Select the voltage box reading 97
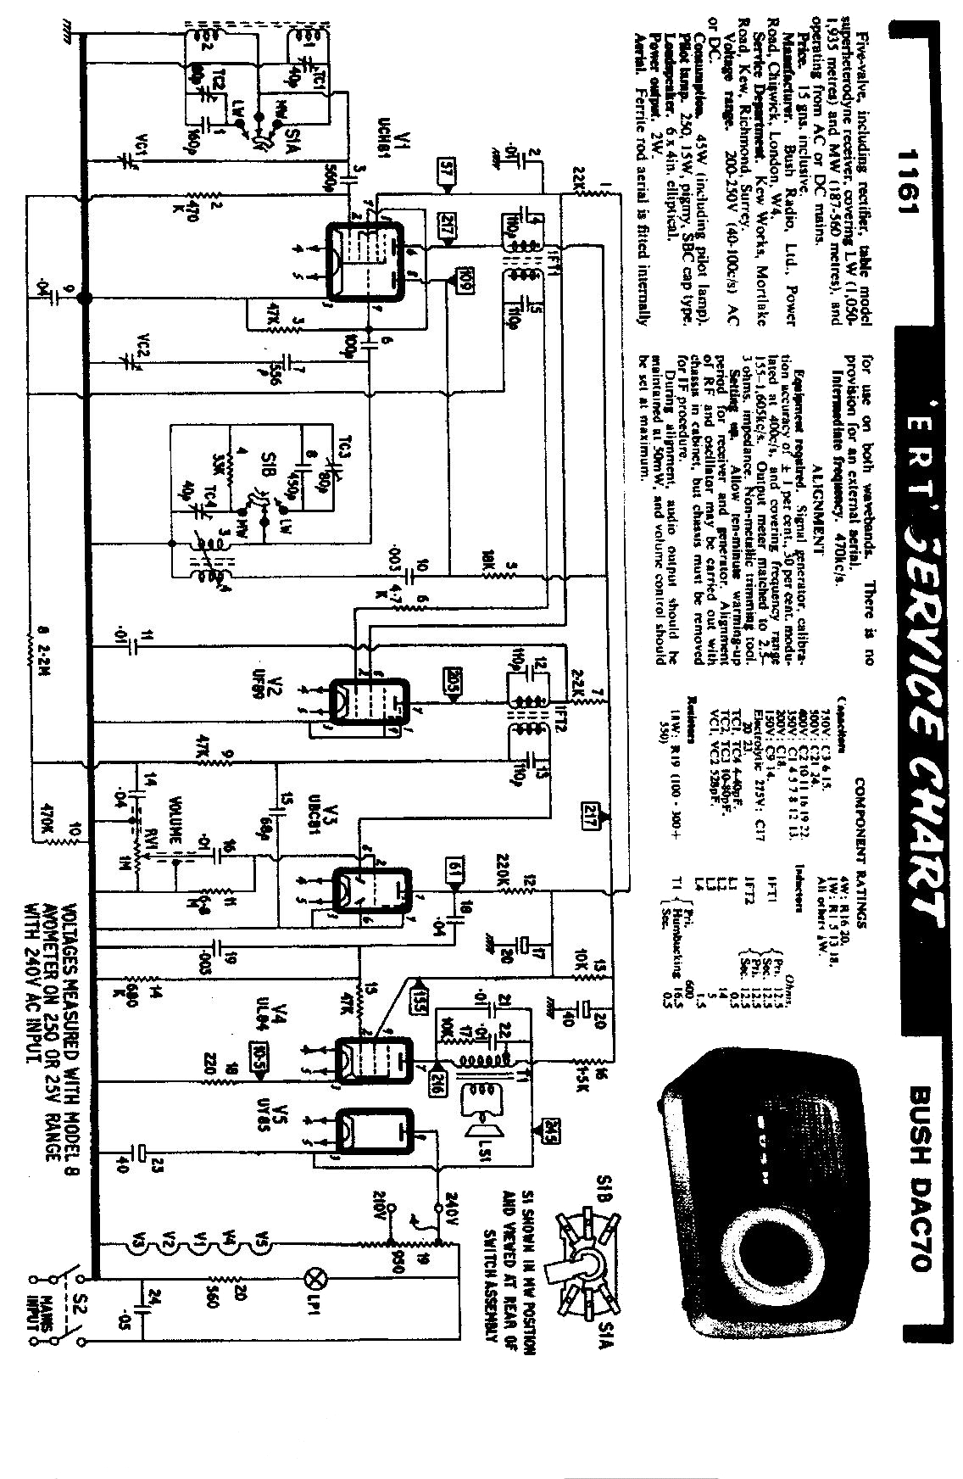tap(448, 170)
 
